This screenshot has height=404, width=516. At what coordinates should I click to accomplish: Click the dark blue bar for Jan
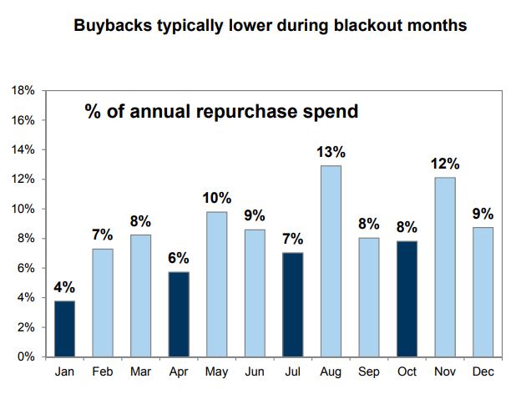(64, 328)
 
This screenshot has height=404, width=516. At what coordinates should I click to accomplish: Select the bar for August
(331, 260)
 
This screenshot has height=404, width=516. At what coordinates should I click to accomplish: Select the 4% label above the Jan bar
(64, 288)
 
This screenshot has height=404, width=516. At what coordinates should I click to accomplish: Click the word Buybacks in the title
(109, 25)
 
